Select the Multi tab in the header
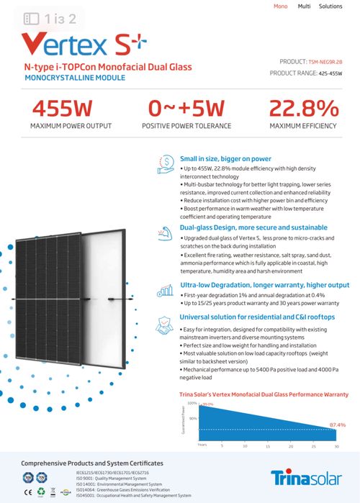click(x=304, y=6)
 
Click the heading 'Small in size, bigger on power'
click(x=225, y=158)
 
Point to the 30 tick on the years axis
click(x=336, y=446)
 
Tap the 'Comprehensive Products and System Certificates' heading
click(x=92, y=463)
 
